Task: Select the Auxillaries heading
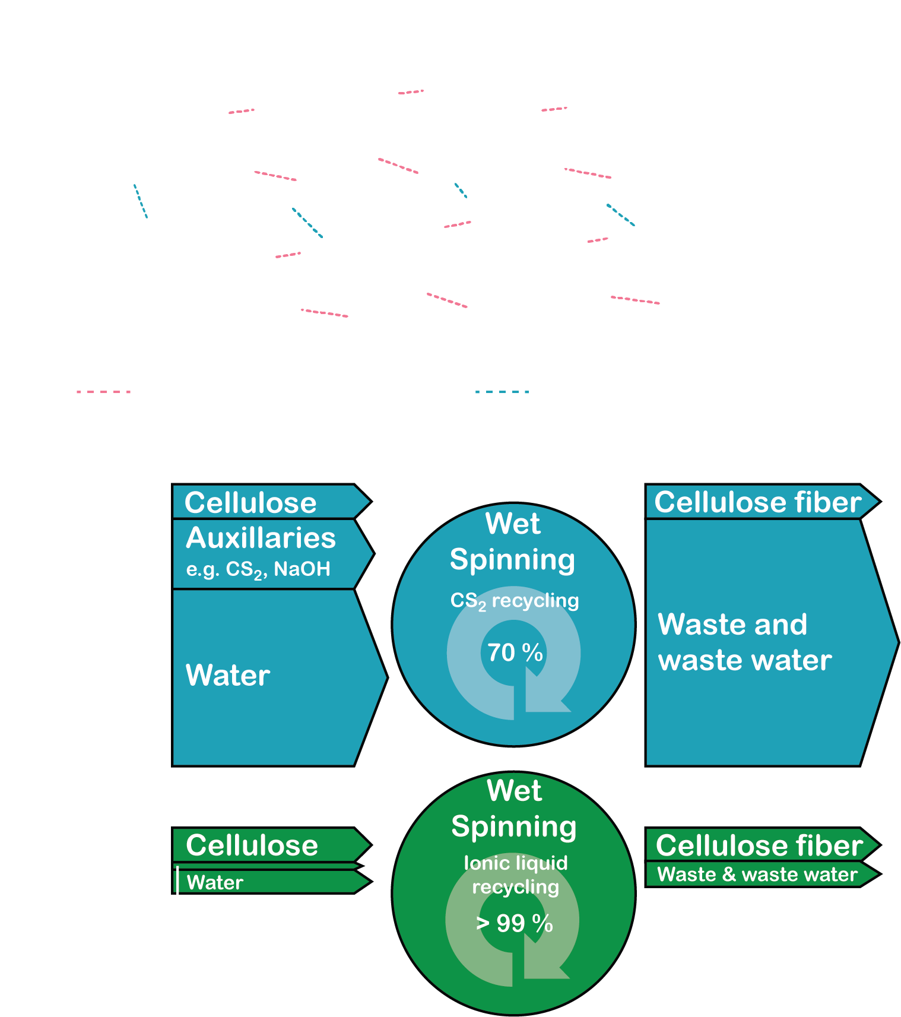261,538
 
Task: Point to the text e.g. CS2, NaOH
258,569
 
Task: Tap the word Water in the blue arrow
228,676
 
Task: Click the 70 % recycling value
515,653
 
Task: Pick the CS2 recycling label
515,601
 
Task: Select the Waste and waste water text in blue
745,642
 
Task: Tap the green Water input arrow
267,882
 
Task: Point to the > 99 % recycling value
515,924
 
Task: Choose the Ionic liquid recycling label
515,875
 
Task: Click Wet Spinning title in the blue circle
513,541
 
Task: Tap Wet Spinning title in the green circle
514,809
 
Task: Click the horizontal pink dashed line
103,392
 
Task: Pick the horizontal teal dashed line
502,392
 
